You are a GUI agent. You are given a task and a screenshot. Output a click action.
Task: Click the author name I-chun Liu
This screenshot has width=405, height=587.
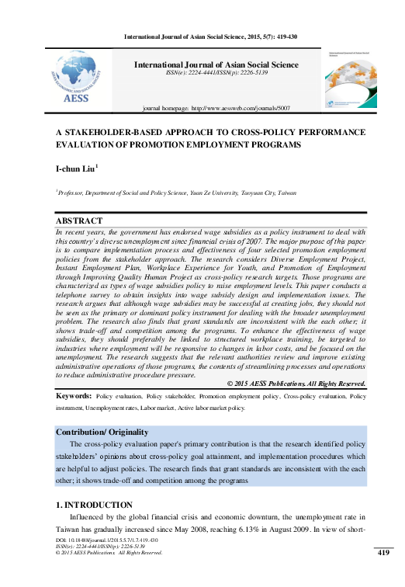(x=75, y=168)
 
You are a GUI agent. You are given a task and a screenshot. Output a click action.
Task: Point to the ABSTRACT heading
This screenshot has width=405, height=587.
(x=79, y=221)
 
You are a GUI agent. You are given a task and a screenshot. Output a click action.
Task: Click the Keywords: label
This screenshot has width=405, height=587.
(x=74, y=396)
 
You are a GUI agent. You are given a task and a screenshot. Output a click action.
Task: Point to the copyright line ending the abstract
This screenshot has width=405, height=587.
(x=306, y=384)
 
